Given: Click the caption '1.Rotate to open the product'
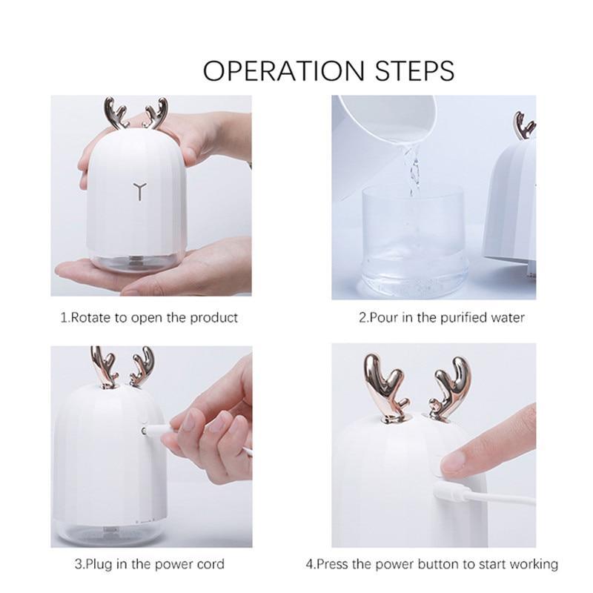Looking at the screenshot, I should (149, 317).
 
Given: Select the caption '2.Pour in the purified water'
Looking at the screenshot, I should (442, 317).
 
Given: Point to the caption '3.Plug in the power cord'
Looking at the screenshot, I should (149, 564).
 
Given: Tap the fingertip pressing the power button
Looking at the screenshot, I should (454, 463).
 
